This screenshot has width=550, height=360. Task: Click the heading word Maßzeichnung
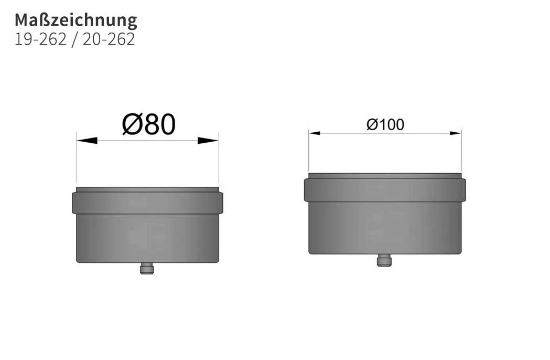click(76, 20)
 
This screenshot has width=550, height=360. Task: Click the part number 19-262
click(40, 39)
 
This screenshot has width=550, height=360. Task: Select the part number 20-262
click(109, 39)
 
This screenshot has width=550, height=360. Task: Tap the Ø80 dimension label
click(149, 124)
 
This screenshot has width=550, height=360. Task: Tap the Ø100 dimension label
click(385, 125)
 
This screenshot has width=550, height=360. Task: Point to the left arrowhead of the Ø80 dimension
click(87, 141)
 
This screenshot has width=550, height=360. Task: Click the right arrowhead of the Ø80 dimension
click(208, 141)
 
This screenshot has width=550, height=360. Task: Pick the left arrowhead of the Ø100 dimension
click(314, 133)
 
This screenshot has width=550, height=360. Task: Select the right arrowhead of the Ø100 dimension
click(456, 133)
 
